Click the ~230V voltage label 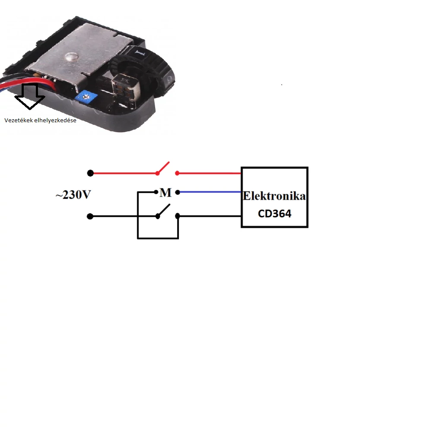click(73, 195)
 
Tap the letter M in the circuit click(165, 193)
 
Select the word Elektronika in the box click(274, 196)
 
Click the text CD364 click(274, 213)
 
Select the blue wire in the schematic click(210, 192)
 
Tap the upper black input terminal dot click(90, 173)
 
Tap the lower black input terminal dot click(90, 216)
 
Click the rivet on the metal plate click(70, 57)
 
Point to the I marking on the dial click(139, 53)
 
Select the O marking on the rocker click(170, 79)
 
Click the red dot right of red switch click(178, 173)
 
